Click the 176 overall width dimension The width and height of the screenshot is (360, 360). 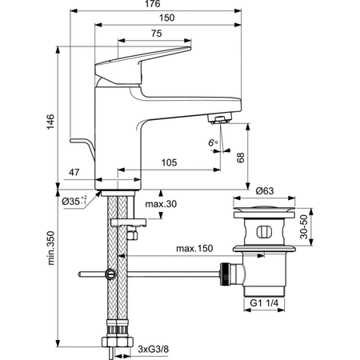[153, 4]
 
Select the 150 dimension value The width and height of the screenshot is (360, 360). [167, 18]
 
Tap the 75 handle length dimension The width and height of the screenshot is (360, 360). [157, 34]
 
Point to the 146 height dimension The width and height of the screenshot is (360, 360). [50, 122]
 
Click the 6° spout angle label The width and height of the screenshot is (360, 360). [213, 143]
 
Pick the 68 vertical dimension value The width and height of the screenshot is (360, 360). [241, 158]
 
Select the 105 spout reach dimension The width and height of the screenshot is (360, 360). [169, 162]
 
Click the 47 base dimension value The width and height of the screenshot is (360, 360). [74, 173]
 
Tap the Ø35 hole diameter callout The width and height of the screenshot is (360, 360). [74, 201]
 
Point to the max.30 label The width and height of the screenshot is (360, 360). [161, 204]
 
